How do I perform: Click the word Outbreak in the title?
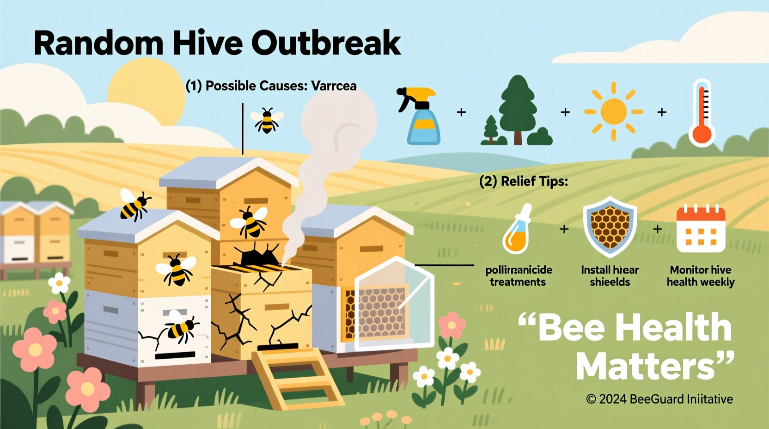326,43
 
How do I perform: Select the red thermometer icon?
702,113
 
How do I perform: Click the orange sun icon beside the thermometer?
613,111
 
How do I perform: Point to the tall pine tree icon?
519,109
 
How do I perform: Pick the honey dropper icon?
517,229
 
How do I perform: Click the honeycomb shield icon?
610,227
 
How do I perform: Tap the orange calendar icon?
701,229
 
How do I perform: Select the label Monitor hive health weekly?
701,276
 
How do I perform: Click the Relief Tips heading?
524,181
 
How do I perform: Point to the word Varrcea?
334,86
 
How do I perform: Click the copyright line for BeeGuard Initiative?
659,399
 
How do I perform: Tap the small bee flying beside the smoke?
267,121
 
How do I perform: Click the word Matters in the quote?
645,367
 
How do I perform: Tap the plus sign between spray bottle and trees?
461,112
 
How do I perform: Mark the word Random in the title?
98,43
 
